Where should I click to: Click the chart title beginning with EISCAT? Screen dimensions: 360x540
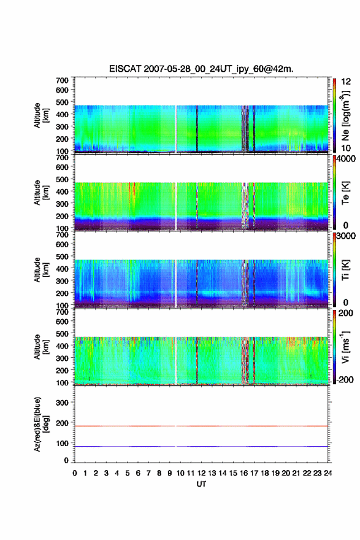pyautogui.click(x=201, y=69)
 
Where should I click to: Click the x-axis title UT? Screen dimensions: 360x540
pyautogui.click(x=201, y=484)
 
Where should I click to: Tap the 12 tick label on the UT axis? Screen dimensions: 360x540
pyautogui.click(x=201, y=473)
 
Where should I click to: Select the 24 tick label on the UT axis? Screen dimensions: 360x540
pyautogui.click(x=327, y=473)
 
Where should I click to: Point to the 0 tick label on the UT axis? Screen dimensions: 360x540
pyautogui.click(x=75, y=473)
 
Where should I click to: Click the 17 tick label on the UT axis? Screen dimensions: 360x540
pyautogui.click(x=254, y=473)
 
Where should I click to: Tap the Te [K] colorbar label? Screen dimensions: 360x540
pyautogui.click(x=345, y=193)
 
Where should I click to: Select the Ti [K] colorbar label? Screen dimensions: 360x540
pyautogui.click(x=345, y=270)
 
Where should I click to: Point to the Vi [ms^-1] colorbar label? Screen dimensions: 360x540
pyautogui.click(x=345, y=347)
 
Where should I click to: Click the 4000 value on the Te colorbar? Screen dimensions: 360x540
pyautogui.click(x=346, y=159)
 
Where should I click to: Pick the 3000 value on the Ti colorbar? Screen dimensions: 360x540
pyautogui.click(x=346, y=236)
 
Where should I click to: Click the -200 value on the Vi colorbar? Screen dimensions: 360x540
pyautogui.click(x=344, y=379)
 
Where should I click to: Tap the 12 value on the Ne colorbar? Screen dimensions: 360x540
pyautogui.click(x=346, y=82)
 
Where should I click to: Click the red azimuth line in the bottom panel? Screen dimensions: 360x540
pyautogui.click(x=201, y=426)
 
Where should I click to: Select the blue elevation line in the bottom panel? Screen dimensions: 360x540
pyautogui.click(x=201, y=446)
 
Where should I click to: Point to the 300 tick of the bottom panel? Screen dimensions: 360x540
pyautogui.click(x=63, y=403)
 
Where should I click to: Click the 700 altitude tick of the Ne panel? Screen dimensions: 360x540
pyautogui.click(x=63, y=80)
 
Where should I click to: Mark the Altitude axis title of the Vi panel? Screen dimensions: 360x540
pyautogui.click(x=41, y=347)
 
